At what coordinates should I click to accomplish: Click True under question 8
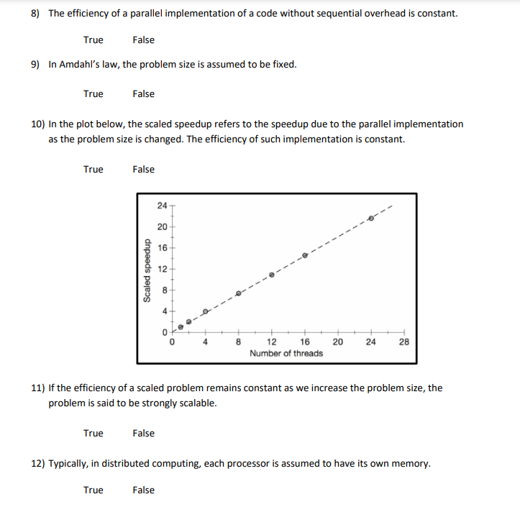click(x=93, y=40)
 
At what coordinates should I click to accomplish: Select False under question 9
click(x=143, y=93)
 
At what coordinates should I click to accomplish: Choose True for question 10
click(x=93, y=169)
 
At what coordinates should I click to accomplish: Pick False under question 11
click(x=143, y=433)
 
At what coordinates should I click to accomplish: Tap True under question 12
click(x=93, y=490)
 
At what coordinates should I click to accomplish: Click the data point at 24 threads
click(x=371, y=217)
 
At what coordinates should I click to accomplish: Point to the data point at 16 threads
click(x=304, y=255)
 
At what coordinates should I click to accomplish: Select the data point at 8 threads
click(x=239, y=293)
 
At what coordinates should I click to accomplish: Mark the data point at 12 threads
click(x=271, y=275)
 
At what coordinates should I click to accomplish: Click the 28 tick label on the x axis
click(x=403, y=342)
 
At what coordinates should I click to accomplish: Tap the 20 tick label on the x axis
click(x=337, y=342)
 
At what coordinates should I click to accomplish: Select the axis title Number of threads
click(x=286, y=353)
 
